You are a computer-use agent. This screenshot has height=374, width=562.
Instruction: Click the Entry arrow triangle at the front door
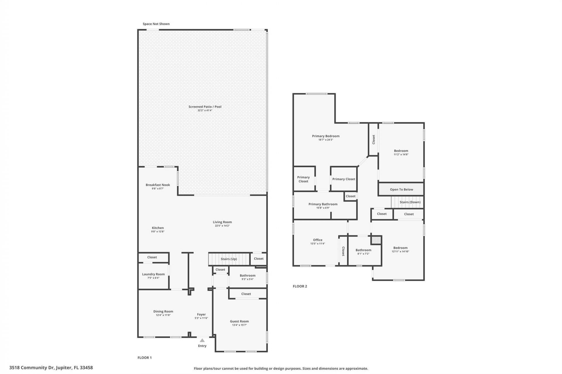click(202, 340)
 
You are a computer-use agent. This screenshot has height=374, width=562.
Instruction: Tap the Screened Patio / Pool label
click(205, 107)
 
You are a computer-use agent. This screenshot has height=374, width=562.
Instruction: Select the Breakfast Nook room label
click(158, 185)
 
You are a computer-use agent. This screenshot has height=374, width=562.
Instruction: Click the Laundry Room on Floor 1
click(153, 276)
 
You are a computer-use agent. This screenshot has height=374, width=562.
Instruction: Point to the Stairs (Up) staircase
click(229, 259)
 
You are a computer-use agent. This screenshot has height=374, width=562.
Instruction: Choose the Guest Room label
click(239, 321)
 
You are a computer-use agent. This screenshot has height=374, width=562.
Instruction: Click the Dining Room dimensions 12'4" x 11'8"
click(163, 315)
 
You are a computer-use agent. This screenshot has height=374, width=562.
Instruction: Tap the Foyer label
click(201, 314)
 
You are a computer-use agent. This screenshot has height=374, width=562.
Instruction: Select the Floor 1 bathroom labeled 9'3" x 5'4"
click(248, 277)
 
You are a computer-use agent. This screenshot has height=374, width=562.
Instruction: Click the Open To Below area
click(401, 189)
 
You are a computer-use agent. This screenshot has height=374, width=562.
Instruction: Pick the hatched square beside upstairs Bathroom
click(376, 240)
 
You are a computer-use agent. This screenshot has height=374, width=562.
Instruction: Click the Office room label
click(318, 240)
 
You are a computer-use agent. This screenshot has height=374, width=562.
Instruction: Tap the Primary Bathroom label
click(323, 204)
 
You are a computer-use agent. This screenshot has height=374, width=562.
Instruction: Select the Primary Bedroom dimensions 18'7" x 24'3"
click(325, 140)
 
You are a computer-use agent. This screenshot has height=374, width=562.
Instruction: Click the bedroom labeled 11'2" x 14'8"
click(401, 152)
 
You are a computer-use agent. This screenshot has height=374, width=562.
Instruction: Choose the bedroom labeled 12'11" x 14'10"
click(400, 249)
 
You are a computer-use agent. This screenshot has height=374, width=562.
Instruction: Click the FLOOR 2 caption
click(300, 286)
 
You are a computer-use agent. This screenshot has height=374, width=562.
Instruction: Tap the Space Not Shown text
click(156, 24)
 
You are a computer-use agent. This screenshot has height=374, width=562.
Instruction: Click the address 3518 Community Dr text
click(51, 368)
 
